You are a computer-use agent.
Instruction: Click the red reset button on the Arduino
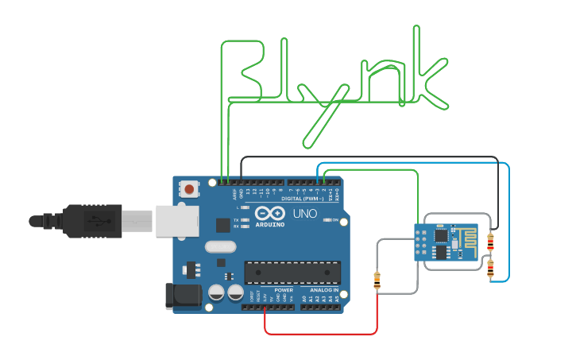189,189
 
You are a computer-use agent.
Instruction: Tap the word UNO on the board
305,214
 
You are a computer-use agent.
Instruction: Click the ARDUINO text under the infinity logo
271,224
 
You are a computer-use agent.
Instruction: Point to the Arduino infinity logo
270,213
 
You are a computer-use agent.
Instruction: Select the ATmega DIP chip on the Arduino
292,272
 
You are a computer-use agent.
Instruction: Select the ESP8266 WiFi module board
446,241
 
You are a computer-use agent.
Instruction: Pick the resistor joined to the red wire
377,280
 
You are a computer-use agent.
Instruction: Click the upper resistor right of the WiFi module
490,242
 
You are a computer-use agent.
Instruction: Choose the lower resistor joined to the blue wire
490,268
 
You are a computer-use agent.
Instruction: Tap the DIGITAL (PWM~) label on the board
302,199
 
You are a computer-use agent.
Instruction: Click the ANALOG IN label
324,291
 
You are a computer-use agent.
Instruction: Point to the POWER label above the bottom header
284,291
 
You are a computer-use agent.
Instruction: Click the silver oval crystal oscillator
220,246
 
